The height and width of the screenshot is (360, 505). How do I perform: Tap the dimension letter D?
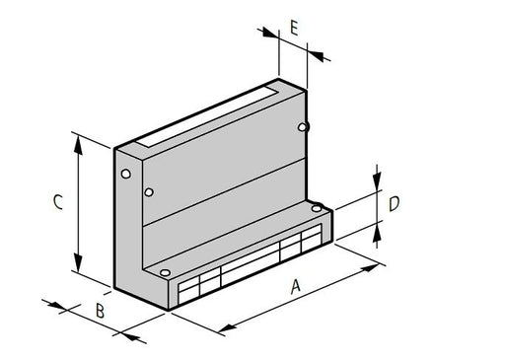click(x=393, y=204)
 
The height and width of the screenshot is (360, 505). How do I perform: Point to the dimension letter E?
click(x=295, y=27)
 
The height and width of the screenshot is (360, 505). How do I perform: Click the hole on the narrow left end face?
click(x=125, y=175)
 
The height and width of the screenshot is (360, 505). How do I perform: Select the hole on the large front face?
click(x=149, y=191)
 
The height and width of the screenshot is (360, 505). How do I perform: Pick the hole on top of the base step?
click(x=317, y=208)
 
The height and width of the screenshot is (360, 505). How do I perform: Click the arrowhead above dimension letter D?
click(x=377, y=185)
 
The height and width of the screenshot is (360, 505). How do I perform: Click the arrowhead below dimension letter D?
click(x=377, y=229)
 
